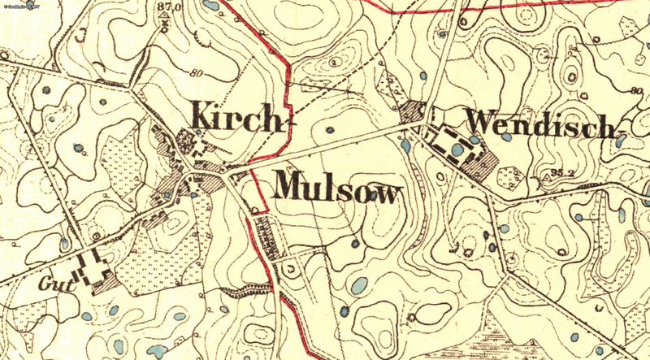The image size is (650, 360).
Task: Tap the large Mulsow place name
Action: pos(339,189)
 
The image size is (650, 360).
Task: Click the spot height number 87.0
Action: pos(168,7)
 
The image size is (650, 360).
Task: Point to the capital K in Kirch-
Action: pos(202,115)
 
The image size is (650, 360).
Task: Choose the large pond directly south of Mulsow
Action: pos(357,285)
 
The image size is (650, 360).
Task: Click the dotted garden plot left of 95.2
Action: pos(512,176)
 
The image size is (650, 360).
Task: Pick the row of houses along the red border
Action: pos(264,236)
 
